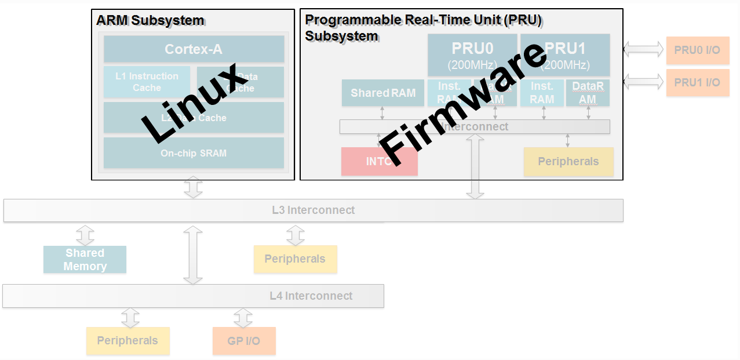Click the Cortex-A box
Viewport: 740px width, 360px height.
point(194,49)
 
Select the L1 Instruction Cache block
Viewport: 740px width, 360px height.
point(147,82)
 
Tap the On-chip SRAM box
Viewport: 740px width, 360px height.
point(194,153)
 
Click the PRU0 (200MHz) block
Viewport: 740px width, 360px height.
point(472,54)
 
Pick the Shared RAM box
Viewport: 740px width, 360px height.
point(382,93)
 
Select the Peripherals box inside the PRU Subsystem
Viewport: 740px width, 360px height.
point(568,161)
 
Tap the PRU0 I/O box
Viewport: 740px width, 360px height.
point(697,50)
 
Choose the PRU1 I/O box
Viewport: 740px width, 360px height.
point(697,82)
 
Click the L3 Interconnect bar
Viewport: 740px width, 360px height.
point(313,210)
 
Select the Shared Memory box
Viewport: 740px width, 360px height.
point(85,260)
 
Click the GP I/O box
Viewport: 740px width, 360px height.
point(243,341)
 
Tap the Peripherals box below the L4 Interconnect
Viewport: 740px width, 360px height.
point(127,340)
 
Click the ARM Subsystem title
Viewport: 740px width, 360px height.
point(150,20)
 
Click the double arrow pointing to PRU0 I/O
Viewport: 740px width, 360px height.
point(643,50)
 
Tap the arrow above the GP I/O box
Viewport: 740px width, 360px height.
point(243,317)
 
